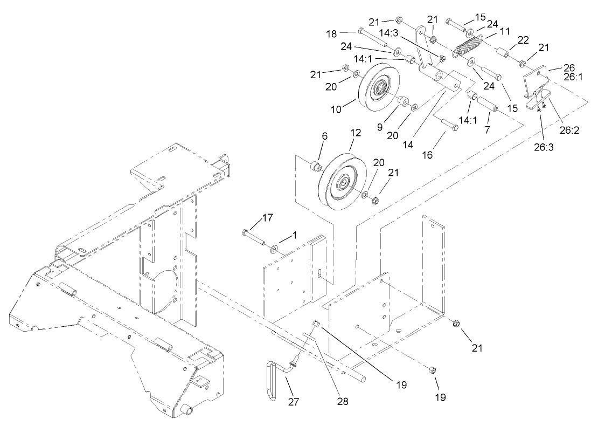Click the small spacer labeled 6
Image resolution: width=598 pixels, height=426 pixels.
[x=315, y=166]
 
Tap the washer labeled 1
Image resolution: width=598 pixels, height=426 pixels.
[x=275, y=248]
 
